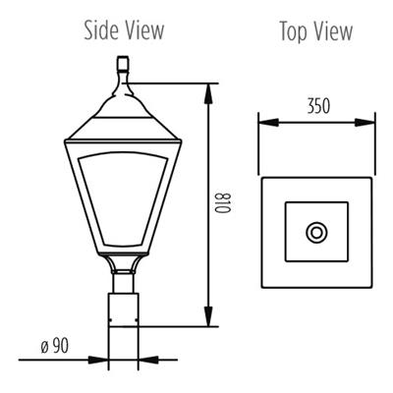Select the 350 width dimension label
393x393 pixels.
tap(317, 103)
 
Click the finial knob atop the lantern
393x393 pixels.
tap(124, 66)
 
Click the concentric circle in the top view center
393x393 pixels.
tap(316, 232)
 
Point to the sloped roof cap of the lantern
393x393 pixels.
tap(123, 108)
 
